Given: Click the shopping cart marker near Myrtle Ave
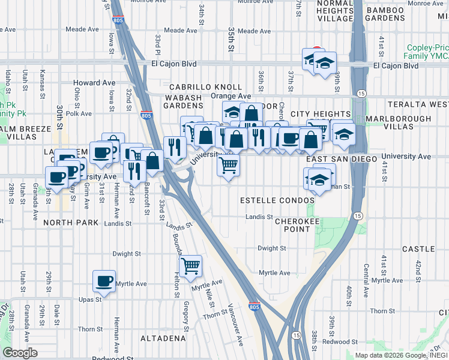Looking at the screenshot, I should coord(190,265).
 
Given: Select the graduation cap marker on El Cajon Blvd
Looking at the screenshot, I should coord(325,62).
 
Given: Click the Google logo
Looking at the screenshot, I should coord(20,353).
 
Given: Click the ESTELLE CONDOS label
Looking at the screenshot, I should coord(277,199).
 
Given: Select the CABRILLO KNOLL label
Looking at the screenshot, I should coord(206,87).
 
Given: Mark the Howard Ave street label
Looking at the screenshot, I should coord(94,83).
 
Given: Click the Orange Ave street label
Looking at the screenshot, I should coord(231,95).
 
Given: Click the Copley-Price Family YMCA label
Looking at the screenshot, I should coord(426,52).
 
